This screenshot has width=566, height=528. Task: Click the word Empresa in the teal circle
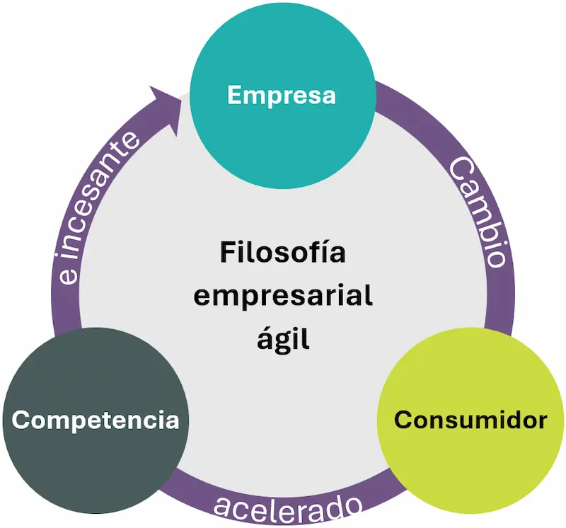pyautogui.click(x=282, y=95)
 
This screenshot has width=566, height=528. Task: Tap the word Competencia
pyautogui.click(x=96, y=420)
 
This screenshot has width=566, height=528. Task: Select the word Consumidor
pyautogui.click(x=470, y=420)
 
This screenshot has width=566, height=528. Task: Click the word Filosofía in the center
pyautogui.click(x=283, y=253)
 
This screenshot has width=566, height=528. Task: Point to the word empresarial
pyautogui.click(x=283, y=297)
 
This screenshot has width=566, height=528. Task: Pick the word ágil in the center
pyautogui.click(x=283, y=340)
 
